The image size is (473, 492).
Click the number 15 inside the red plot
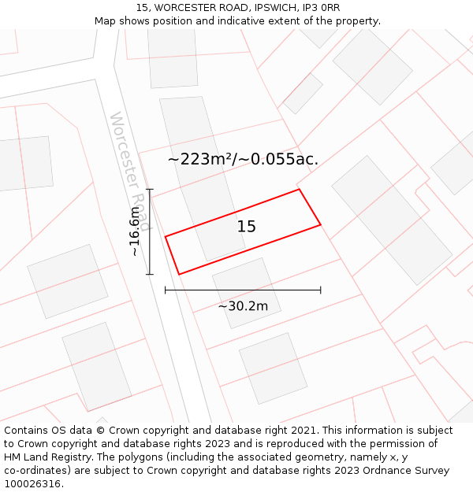coord(247,227)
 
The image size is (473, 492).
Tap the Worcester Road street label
coord(130,170)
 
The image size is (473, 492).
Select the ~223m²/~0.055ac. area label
coord(243,159)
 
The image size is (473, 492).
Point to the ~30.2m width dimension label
coord(243,306)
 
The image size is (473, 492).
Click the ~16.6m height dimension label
coord(135,231)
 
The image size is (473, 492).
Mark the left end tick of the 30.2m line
coord(165,290)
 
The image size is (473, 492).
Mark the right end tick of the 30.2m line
coord(321,290)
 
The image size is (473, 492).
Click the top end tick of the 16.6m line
coord(150,189)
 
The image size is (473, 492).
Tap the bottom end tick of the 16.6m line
coord(150,274)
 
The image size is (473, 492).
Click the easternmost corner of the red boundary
coord(321,225)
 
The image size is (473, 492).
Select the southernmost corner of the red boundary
coord(180,274)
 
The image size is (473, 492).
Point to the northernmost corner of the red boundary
coord(299,189)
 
